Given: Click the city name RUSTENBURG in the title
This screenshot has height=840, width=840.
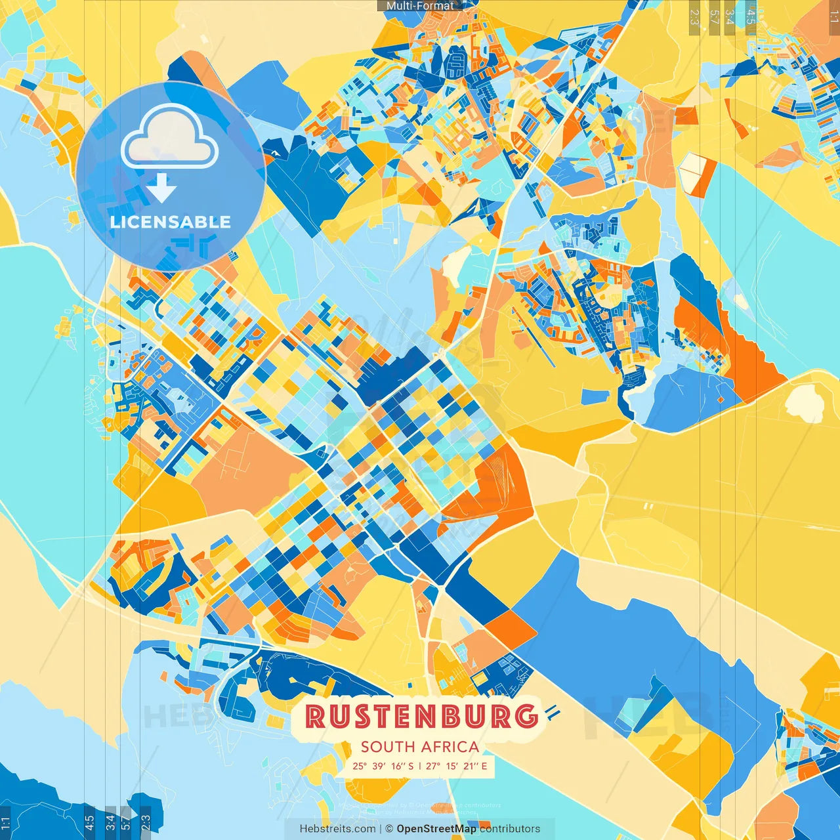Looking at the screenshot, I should click(421, 716).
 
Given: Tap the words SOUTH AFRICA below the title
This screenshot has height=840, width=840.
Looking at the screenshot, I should click(420, 747).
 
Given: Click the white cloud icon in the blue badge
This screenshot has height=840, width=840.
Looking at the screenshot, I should click(169, 138).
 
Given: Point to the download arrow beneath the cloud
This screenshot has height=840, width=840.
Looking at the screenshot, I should click(161, 189).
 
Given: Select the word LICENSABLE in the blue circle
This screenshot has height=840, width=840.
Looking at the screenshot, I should click(171, 222).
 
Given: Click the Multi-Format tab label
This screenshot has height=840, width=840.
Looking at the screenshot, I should click(420, 6).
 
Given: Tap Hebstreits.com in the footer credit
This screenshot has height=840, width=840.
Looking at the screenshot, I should click(337, 829).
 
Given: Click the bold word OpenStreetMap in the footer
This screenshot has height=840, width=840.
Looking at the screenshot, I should click(436, 829).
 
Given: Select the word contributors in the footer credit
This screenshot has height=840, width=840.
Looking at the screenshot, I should click(510, 829).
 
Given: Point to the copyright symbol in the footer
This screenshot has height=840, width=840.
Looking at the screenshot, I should click(389, 829).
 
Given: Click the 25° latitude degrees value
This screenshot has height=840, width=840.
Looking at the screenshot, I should click(360, 766).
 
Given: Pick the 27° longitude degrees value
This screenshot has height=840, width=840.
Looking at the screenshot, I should click(433, 766).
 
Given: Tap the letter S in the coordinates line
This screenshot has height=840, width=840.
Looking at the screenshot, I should click(410, 766).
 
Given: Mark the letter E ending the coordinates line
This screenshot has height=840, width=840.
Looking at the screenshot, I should click(484, 766).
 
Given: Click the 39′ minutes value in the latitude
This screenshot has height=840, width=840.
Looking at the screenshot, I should click(379, 766).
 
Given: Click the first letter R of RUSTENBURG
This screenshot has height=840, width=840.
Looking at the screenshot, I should click(316, 717).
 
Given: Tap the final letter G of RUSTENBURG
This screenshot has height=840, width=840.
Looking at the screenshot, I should click(526, 716).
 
